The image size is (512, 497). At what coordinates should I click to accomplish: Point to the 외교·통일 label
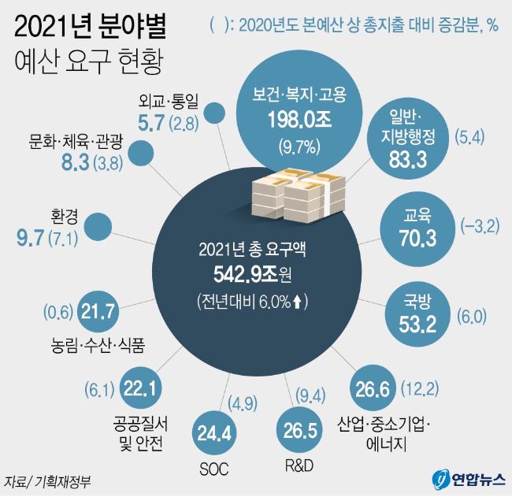[169, 100]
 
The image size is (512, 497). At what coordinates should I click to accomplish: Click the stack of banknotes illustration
[291, 191]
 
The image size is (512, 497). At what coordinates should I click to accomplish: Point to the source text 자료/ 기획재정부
[46, 480]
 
